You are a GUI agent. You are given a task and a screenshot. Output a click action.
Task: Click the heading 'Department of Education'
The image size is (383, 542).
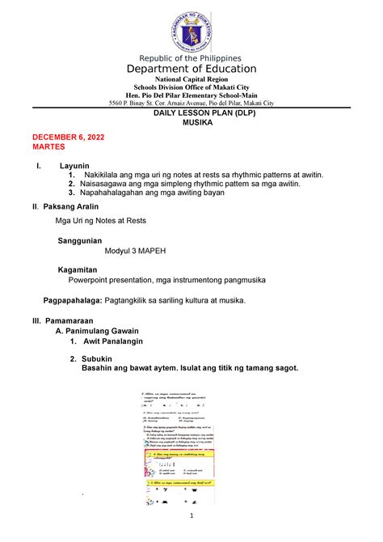point(191,70)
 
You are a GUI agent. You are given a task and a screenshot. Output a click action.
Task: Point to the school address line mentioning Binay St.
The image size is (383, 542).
point(191,104)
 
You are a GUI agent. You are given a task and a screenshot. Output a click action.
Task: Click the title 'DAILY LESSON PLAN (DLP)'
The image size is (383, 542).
point(191,116)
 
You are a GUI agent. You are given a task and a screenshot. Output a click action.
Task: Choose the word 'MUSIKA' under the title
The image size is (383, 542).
point(191,127)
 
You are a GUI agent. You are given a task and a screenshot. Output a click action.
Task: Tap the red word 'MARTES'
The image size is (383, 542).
point(49,150)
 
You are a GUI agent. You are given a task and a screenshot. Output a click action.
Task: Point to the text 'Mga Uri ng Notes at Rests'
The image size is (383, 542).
point(100,220)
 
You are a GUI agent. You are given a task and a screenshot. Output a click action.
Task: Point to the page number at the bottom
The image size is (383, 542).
point(191,516)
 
